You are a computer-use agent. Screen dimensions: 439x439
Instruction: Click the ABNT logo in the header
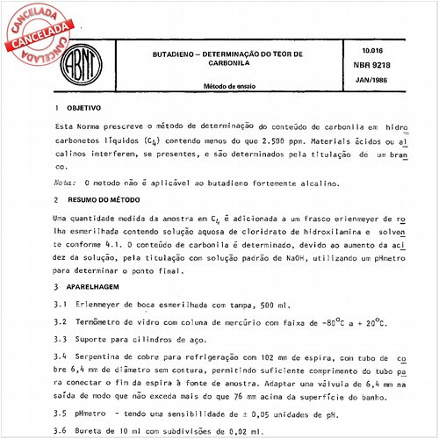click(81, 61)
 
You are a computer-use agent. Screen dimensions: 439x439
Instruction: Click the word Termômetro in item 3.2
click(106, 322)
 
